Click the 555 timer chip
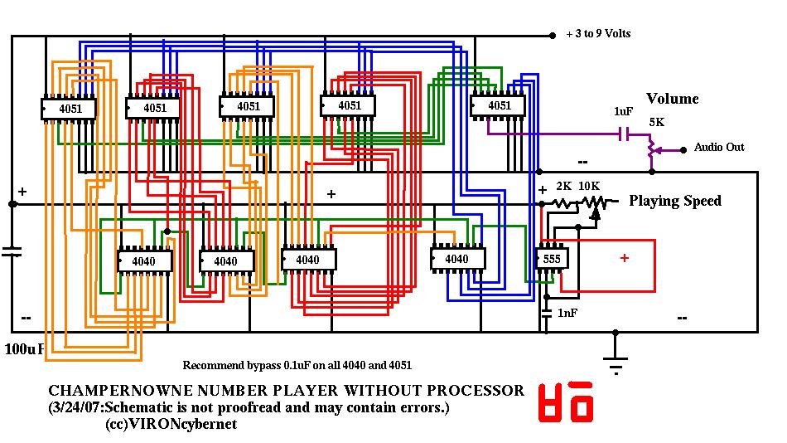(x=551, y=259)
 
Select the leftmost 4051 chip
(x=69, y=109)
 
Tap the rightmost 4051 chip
(x=498, y=106)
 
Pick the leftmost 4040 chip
(x=144, y=261)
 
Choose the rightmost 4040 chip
(x=457, y=259)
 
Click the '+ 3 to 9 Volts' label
(x=598, y=34)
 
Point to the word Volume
(x=672, y=99)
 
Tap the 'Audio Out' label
(x=719, y=148)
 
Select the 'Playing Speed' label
(x=675, y=201)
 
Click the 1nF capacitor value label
(x=568, y=313)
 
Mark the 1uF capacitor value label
(x=624, y=111)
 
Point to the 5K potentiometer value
(x=656, y=122)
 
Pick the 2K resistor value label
(x=563, y=186)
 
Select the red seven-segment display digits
(x=567, y=403)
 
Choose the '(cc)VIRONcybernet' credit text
(x=171, y=424)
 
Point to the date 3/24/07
(x=75, y=407)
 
